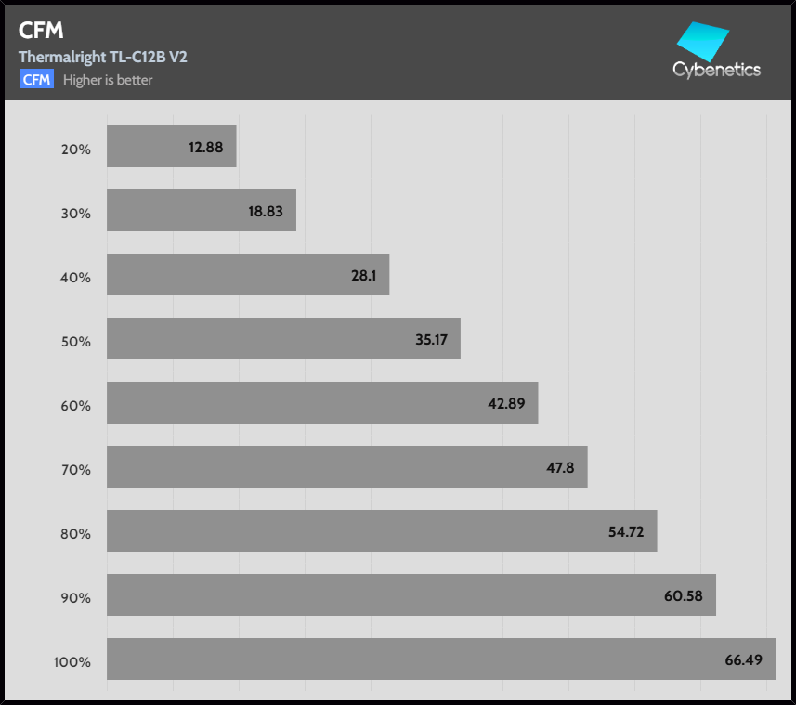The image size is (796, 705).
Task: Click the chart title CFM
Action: pyautogui.click(x=40, y=30)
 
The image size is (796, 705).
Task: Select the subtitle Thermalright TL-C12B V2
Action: pyautogui.click(x=102, y=57)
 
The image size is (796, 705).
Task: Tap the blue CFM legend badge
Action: pyautogui.click(x=36, y=79)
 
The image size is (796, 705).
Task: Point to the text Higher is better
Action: pyautogui.click(x=108, y=80)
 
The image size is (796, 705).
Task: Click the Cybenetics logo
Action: pyautogui.click(x=716, y=50)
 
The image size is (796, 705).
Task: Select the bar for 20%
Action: pyautogui.click(x=171, y=147)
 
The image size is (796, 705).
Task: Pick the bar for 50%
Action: pyautogui.click(x=283, y=339)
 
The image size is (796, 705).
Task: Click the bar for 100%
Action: pyautogui.click(x=440, y=659)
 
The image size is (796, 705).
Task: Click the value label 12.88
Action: pyautogui.click(x=205, y=147)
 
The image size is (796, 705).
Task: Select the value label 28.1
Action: pyautogui.click(x=364, y=275)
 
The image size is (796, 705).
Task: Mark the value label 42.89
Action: pyautogui.click(x=506, y=403)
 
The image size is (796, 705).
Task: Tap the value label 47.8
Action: pyautogui.click(x=560, y=467)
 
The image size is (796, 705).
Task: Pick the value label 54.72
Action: pyautogui.click(x=625, y=531)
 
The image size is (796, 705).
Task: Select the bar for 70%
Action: pyautogui.click(x=346, y=467)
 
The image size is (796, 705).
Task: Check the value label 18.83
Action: pyautogui.click(x=265, y=211)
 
